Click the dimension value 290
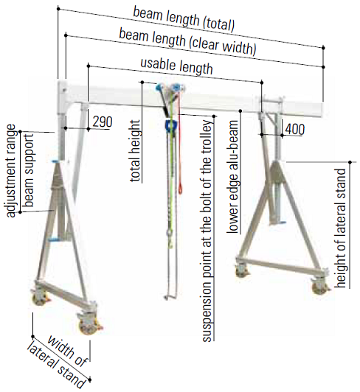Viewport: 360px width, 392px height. [103, 122]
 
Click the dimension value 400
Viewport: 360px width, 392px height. [294, 129]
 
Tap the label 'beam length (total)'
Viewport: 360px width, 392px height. [184, 19]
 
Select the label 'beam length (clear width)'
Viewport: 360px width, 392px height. [188, 41]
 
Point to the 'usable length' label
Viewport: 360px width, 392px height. [177, 66]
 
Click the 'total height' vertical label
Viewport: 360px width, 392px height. [135, 151]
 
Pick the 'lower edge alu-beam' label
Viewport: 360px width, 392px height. [232, 177]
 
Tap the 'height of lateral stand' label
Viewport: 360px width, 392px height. [341, 228]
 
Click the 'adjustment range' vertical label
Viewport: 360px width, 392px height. [10, 171]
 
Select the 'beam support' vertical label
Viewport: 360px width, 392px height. [28, 170]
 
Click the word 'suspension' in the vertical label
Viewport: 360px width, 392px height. [208, 309]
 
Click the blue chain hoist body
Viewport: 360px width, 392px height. [171, 125]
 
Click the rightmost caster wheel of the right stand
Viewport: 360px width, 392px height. [320, 287]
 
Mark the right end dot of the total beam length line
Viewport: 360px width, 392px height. [323, 47]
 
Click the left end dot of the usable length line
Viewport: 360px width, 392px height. [88, 66]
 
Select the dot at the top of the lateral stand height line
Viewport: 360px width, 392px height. [350, 162]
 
